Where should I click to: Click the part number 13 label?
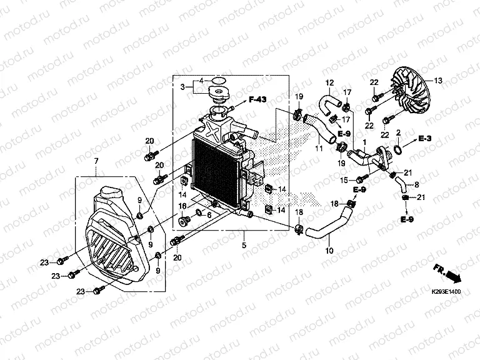coord(438,81)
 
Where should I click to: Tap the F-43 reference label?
coord(257,99)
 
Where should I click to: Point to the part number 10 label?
coord(329,251)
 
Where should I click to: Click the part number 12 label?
coord(330,82)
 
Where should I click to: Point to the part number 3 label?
coord(184,87)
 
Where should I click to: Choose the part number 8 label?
coord(416,186)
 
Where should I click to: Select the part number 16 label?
coord(183,206)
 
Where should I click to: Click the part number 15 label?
coord(343,181)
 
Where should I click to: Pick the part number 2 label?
coord(398,132)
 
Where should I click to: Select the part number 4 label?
coord(201,81)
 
